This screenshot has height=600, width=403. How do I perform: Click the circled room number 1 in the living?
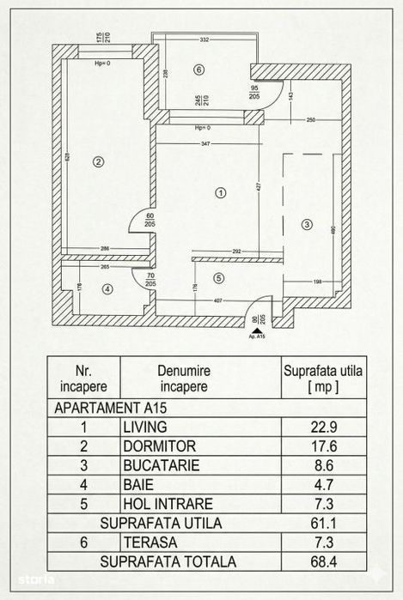point(221,192)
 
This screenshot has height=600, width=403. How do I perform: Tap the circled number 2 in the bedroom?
point(99,161)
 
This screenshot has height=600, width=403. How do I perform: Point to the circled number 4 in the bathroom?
point(107,289)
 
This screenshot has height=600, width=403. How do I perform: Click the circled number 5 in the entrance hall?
point(219,277)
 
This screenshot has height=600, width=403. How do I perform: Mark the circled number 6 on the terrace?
point(198,70)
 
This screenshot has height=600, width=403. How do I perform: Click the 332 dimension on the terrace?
point(205,40)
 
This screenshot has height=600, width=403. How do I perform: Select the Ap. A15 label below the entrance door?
point(255,336)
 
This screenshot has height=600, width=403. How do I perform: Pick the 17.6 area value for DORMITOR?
point(322,446)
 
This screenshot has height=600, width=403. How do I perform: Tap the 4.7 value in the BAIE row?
point(322,484)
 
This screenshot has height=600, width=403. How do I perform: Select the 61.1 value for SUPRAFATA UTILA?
point(322,522)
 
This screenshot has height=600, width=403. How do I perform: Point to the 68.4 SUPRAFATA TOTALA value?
point(322,561)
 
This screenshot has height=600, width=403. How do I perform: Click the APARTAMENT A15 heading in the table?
point(106,408)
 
